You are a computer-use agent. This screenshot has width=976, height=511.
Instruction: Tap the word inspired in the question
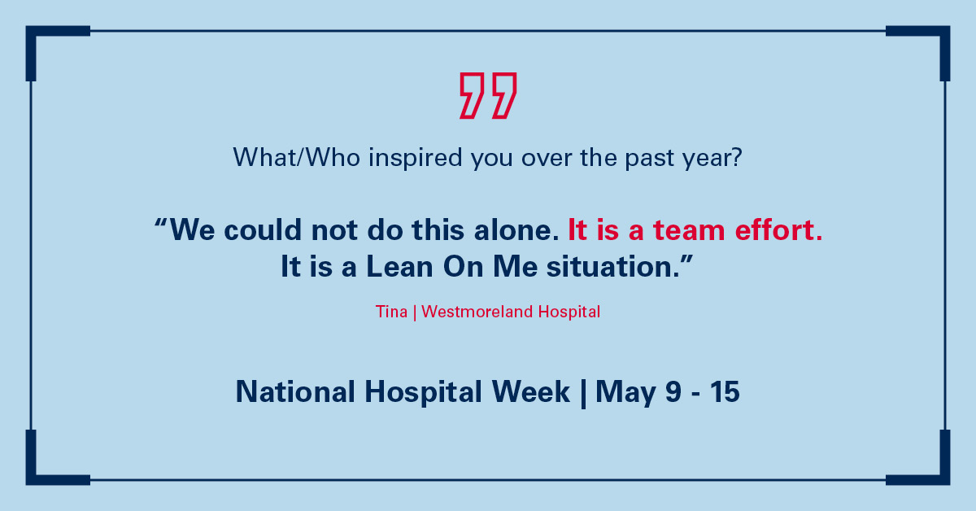click(416, 159)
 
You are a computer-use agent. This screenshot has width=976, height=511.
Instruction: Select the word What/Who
click(297, 157)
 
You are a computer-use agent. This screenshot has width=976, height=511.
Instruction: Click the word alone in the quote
click(516, 230)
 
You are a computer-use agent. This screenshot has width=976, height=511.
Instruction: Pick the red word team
click(689, 230)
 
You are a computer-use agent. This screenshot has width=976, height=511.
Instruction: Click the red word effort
click(778, 229)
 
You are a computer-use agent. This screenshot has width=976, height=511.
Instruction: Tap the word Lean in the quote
click(399, 266)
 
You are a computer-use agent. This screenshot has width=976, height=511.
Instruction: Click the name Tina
click(391, 312)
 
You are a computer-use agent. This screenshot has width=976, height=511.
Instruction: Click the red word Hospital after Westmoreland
click(569, 312)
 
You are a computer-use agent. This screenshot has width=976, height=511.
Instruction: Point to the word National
click(295, 391)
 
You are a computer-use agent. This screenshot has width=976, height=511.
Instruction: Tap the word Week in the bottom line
click(530, 391)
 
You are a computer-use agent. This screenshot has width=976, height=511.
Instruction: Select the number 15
click(725, 391)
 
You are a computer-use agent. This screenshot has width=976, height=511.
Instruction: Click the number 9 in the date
click(673, 391)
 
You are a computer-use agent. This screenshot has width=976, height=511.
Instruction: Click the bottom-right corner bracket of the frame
click(944, 478)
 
